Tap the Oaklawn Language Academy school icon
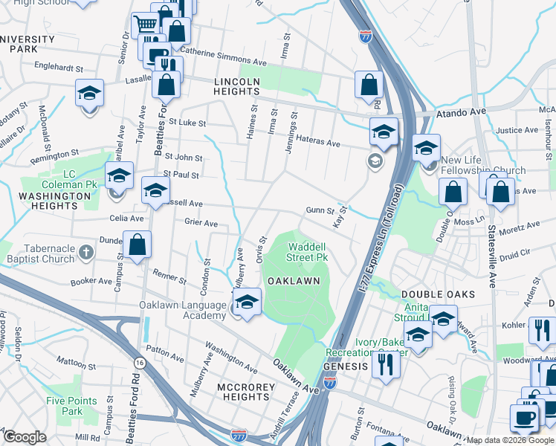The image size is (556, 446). [x=247, y=302]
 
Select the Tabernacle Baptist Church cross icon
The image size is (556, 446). [x=86, y=251]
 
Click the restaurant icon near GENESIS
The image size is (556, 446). [x=386, y=363]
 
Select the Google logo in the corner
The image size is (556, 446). [x=24, y=437]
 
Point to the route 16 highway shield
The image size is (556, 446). [x=139, y=362]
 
